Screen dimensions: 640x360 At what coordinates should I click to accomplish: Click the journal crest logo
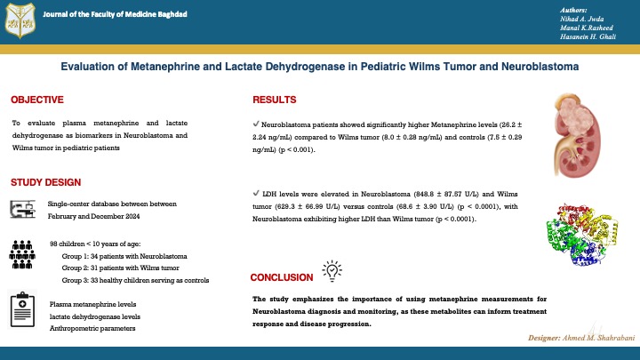(x=20, y=20)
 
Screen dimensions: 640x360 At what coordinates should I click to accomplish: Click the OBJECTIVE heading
(x=37, y=100)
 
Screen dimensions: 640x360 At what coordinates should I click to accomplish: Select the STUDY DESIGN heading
(x=45, y=182)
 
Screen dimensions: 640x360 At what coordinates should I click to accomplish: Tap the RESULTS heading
(x=275, y=100)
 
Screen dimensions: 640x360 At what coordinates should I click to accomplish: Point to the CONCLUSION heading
(x=282, y=277)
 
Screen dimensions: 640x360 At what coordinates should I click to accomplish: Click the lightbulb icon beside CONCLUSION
(x=332, y=270)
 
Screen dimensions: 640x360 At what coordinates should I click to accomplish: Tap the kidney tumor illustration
(x=577, y=135)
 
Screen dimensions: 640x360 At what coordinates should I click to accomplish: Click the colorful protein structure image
(x=582, y=235)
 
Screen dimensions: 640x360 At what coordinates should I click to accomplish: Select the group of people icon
(x=22, y=255)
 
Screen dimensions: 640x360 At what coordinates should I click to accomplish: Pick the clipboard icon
(x=22, y=309)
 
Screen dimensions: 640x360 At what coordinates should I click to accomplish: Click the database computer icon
(x=22, y=209)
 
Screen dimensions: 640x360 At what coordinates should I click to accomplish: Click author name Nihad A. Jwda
(x=581, y=20)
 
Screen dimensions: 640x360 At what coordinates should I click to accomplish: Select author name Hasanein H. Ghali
(x=588, y=36)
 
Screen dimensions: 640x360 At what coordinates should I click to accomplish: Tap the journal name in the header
(x=115, y=14)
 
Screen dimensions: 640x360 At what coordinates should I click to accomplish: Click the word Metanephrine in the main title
(x=165, y=67)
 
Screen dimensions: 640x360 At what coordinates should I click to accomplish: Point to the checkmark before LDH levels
(x=256, y=193)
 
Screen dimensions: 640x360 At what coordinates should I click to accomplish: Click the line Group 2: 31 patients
(x=120, y=268)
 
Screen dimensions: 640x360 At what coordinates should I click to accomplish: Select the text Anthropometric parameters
(x=92, y=329)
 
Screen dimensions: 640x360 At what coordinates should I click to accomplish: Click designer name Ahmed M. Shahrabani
(x=598, y=338)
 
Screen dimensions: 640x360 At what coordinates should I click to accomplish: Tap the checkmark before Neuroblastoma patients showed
(x=256, y=124)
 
